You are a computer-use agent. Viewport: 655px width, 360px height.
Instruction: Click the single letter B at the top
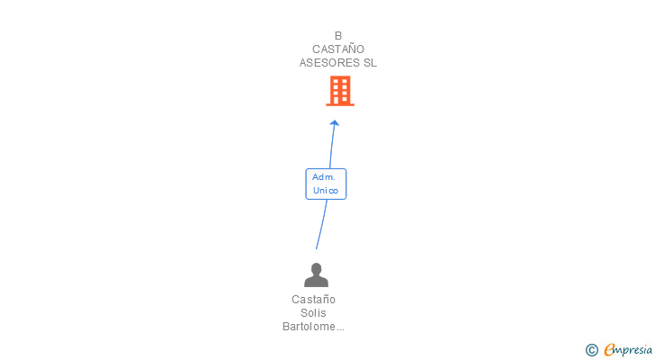coord(338,36)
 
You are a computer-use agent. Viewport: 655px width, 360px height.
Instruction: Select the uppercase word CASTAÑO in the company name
coord(338,49)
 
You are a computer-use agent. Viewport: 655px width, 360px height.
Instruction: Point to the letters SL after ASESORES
coord(370,63)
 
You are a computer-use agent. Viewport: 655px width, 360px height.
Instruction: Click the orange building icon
coord(339,91)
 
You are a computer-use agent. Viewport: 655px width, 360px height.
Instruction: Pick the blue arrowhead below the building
coord(335,122)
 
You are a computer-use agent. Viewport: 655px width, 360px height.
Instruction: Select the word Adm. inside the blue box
coord(324,177)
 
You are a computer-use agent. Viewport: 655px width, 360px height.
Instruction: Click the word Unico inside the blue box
coord(326,191)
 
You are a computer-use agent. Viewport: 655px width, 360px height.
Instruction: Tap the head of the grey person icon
coord(316,268)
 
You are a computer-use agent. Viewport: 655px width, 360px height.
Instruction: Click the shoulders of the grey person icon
coord(316,281)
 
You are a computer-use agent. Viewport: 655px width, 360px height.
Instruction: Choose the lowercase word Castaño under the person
coord(313,299)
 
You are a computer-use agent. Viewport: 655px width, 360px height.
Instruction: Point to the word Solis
coord(313,312)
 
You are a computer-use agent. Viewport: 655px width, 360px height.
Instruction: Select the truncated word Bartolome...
coord(308,327)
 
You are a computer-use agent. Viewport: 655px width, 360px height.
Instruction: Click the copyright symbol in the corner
coord(591,350)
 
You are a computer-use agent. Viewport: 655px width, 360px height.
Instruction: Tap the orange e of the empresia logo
coord(609,350)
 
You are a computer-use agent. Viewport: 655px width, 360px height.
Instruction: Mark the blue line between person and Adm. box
coord(320,225)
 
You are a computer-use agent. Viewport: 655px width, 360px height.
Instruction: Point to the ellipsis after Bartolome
coord(339,328)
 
